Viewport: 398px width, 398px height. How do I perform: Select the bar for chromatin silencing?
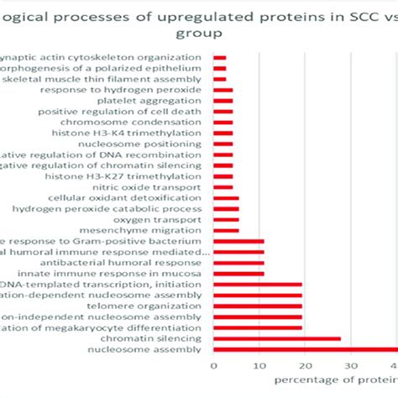click(278, 338)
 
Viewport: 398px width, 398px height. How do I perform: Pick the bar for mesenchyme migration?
click(227, 230)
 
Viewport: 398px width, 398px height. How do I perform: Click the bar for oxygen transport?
click(227, 219)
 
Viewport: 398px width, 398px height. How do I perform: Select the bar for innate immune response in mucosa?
click(239, 274)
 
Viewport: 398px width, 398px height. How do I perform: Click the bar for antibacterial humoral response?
click(239, 263)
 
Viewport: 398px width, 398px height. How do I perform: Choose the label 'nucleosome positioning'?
click(155, 144)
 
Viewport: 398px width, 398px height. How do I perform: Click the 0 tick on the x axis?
click(214, 366)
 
